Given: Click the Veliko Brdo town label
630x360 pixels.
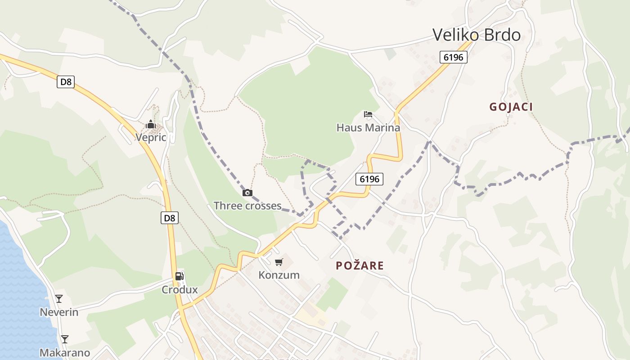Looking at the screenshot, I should pyautogui.click(x=477, y=35).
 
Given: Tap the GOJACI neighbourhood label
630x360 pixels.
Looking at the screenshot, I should pyautogui.click(x=511, y=107).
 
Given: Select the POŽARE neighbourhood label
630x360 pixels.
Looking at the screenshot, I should pyautogui.click(x=360, y=265).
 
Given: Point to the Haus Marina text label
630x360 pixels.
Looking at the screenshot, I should pyautogui.click(x=368, y=128).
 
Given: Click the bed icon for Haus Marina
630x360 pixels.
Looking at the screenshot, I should pyautogui.click(x=368, y=114).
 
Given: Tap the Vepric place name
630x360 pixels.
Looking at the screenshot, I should pyautogui.click(x=151, y=138).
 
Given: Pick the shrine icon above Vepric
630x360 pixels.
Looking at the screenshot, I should pyautogui.click(x=151, y=124).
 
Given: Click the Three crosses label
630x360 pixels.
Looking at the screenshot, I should pyautogui.click(x=247, y=206).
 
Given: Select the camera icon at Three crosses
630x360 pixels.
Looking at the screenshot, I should pyautogui.click(x=247, y=193).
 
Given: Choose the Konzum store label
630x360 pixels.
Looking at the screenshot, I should pyautogui.click(x=279, y=275).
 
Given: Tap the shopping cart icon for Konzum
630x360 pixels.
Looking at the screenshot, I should pyautogui.click(x=279, y=262).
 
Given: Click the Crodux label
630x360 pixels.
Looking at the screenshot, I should pyautogui.click(x=180, y=289).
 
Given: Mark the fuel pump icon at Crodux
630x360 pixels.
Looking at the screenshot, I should pyautogui.click(x=180, y=276).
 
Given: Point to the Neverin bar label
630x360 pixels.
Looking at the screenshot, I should pyautogui.click(x=59, y=312).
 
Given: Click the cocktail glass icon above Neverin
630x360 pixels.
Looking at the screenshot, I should pyautogui.click(x=59, y=298).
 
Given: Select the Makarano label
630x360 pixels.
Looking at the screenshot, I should pyautogui.click(x=65, y=353).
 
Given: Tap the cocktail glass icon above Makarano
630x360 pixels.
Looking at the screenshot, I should pyautogui.click(x=65, y=339).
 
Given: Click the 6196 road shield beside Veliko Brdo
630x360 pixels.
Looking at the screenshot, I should pyautogui.click(x=454, y=57).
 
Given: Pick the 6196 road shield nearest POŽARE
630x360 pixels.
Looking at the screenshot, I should pyautogui.click(x=370, y=179).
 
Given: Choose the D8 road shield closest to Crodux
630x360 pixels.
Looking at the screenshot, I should pyautogui.click(x=169, y=218).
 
